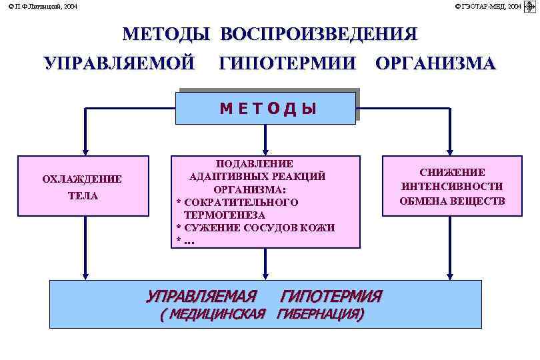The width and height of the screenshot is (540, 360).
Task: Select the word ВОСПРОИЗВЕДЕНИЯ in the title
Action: tap(319, 35)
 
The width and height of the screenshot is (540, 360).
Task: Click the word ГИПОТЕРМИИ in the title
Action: tap(287, 64)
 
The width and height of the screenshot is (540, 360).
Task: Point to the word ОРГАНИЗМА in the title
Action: tap(435, 64)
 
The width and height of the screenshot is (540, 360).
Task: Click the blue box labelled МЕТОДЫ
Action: tap(265, 109)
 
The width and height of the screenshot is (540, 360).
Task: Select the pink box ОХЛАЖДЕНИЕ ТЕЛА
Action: tap(83, 186)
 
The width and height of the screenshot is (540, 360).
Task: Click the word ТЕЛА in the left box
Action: tap(83, 196)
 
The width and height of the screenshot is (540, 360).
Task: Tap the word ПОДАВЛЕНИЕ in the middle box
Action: tap(255, 163)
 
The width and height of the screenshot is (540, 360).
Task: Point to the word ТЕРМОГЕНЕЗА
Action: tap(225, 215)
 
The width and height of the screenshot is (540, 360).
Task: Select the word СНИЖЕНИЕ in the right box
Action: tap(452, 173)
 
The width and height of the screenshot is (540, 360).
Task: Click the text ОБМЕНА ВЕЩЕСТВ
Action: tap(452, 201)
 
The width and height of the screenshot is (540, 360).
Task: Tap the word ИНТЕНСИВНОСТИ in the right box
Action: tap(452, 187)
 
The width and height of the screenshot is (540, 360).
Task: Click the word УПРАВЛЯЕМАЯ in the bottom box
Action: tap(201, 296)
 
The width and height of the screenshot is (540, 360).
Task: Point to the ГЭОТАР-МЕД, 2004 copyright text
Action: tap(488, 6)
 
